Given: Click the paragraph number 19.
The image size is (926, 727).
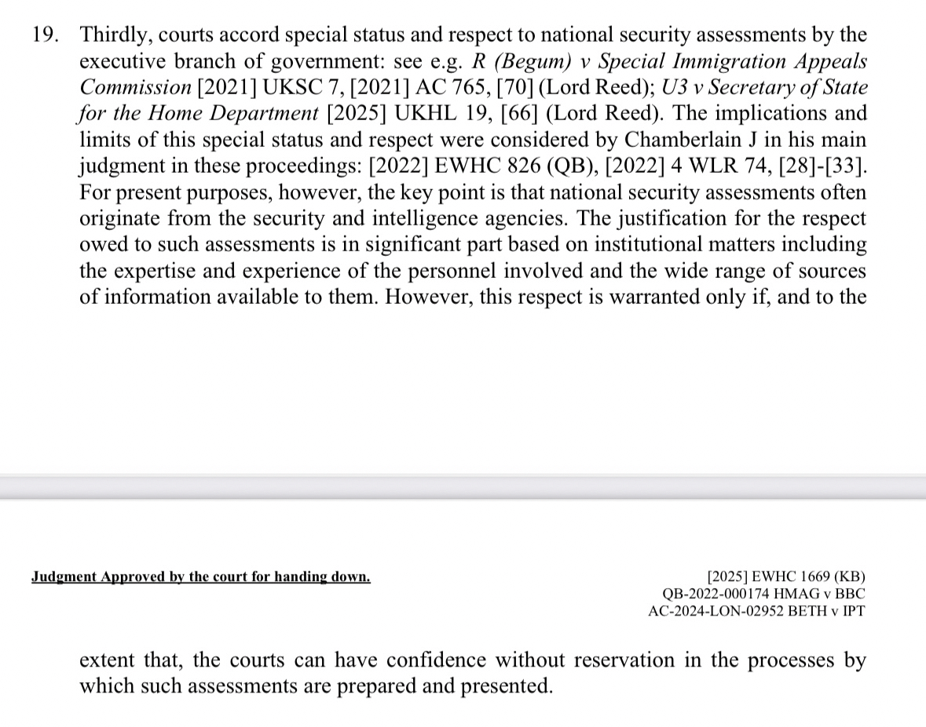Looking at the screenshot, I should [x=44, y=35].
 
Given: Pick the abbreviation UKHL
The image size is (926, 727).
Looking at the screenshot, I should [x=431, y=113].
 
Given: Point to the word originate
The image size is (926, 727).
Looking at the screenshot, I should [x=115, y=218].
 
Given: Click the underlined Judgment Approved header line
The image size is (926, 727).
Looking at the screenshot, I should [x=201, y=577].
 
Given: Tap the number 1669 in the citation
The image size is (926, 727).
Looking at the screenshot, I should [x=799, y=575].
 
